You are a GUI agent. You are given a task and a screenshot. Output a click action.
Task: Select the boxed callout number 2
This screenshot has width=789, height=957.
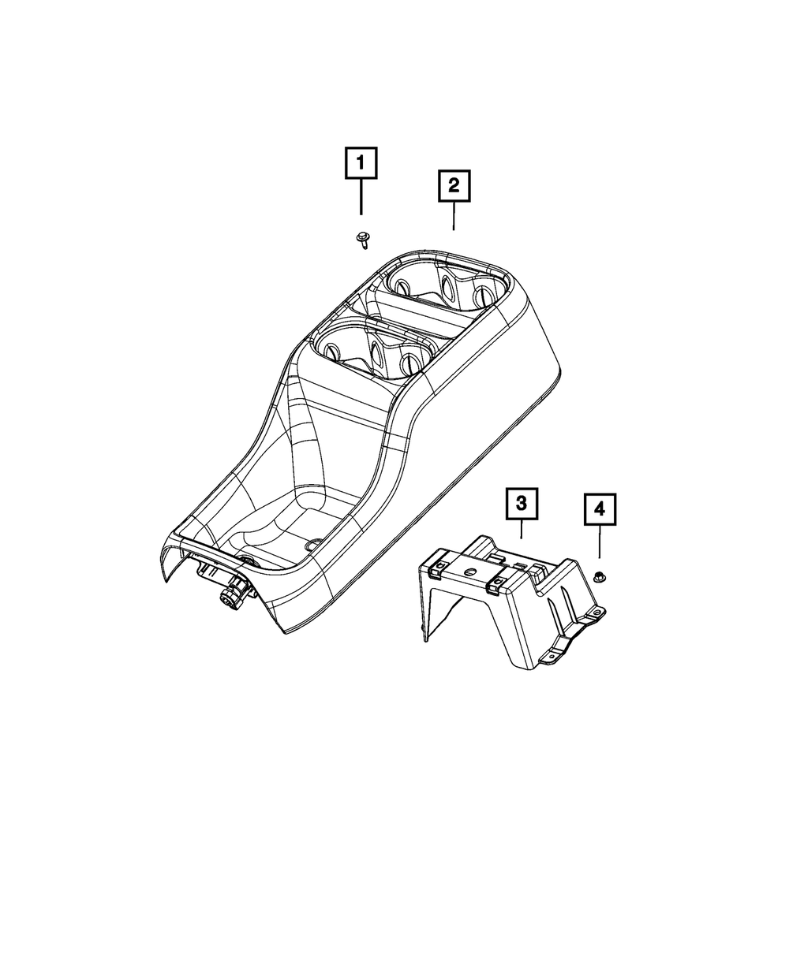[x=454, y=186]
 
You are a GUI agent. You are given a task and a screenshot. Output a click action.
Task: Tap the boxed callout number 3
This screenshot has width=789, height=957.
[x=522, y=502]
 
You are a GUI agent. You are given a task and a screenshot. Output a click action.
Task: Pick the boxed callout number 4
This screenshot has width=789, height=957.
[x=600, y=510]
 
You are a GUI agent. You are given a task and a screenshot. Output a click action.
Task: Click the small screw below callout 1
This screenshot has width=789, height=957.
[x=362, y=238]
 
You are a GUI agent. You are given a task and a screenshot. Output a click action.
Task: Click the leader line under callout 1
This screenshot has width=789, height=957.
[x=361, y=197]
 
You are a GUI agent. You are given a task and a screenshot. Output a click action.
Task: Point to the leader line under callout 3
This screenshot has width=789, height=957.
[x=522, y=529]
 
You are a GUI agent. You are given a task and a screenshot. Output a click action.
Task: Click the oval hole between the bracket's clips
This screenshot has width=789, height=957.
[x=470, y=572]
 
